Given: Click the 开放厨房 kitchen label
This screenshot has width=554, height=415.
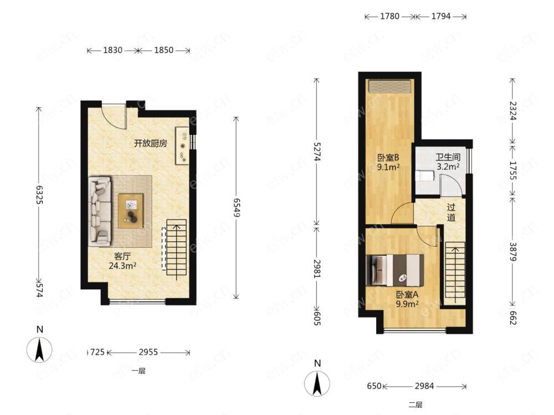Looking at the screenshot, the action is coord(150,144).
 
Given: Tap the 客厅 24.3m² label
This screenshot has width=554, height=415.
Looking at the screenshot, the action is coord(122,261).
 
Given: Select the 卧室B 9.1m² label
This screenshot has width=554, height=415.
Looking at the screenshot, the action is coord(388,162).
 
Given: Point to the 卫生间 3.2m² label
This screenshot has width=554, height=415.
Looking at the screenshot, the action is coord(448,162).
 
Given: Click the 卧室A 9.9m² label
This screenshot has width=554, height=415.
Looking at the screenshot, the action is coord(407,299).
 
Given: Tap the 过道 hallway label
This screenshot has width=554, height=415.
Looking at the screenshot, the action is coord(451,212).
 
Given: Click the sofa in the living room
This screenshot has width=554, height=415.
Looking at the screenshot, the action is coord(100,211).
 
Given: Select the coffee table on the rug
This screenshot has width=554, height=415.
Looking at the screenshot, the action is coord(131,211).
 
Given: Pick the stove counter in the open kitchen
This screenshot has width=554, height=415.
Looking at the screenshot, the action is coord(183,146).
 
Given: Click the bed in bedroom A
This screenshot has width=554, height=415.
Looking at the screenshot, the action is coord(396,270).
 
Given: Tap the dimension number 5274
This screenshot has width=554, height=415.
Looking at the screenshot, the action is coord(316,152).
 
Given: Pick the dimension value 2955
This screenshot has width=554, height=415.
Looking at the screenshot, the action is coord(148,352).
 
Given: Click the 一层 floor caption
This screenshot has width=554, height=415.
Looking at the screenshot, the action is coord(138,371).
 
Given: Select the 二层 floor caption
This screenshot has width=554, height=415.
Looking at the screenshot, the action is coord(416,405).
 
